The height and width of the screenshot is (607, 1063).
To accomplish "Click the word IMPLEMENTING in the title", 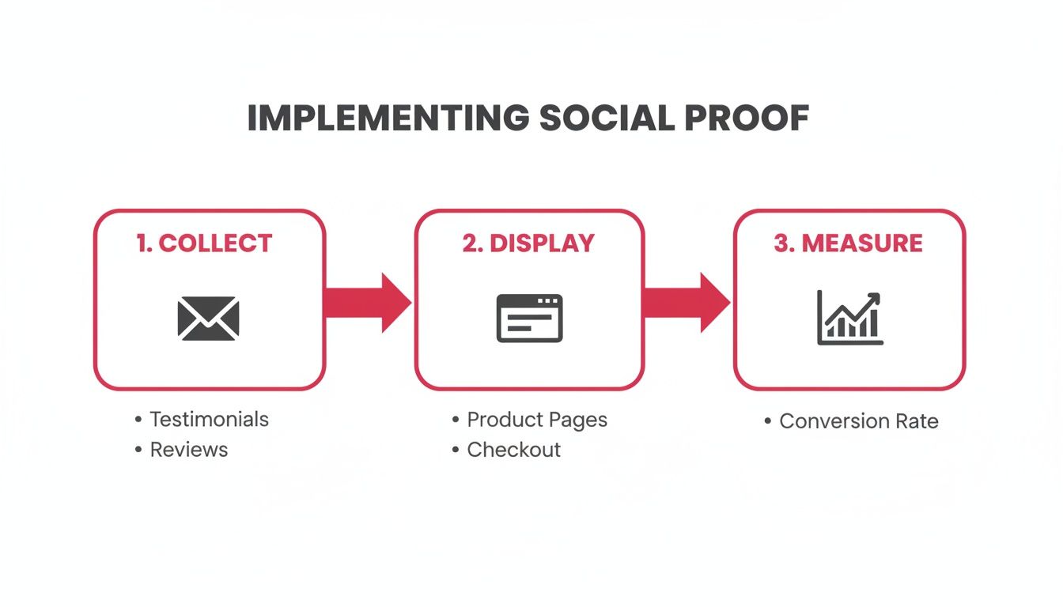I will [388, 119].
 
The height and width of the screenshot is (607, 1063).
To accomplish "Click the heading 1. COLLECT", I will [204, 243].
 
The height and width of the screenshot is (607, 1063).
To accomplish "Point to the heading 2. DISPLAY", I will [528, 243].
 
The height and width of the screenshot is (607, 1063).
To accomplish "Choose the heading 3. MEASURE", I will [848, 243].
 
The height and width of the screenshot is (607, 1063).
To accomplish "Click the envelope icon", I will [208, 318].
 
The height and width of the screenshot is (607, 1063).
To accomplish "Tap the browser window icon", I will [529, 318].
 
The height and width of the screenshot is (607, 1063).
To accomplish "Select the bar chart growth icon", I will [849, 318].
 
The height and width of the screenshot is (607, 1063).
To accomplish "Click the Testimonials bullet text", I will [209, 419].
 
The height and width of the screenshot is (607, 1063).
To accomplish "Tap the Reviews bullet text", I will [188, 450].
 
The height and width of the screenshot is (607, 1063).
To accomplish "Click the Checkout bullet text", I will [513, 450].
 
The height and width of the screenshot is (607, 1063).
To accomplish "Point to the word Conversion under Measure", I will [835, 421].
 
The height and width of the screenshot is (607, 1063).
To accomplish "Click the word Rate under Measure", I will [917, 421].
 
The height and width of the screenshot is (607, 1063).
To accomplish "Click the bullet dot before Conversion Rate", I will [767, 421].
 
